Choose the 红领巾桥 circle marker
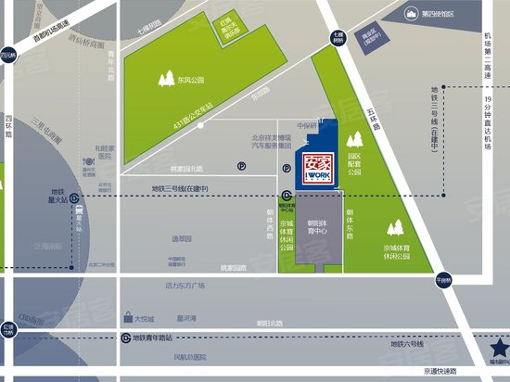[x=7, y=330]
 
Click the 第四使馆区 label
[x=441, y=14]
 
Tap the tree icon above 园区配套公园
[x=353, y=141]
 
